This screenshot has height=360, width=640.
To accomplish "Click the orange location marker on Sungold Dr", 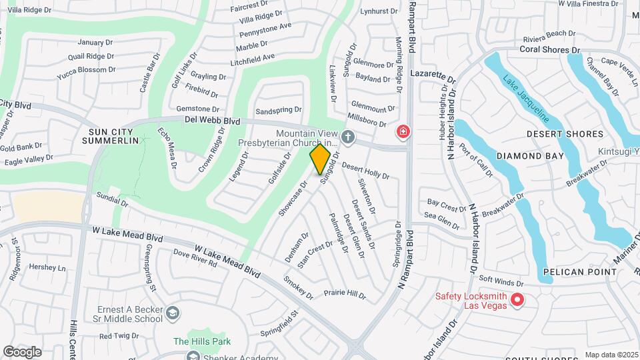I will click(321, 159).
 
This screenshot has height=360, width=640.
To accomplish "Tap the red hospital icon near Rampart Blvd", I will click(403, 132).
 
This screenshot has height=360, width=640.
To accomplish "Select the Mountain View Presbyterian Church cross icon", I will click(347, 138).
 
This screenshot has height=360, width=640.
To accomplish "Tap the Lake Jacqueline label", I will click(527, 99).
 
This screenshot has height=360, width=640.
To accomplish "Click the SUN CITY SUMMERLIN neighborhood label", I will click(110, 135).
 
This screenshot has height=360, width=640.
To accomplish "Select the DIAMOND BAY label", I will click(530, 156).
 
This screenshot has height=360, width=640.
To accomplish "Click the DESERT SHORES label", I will click(565, 134).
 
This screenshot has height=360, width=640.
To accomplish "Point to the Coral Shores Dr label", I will click(550, 50).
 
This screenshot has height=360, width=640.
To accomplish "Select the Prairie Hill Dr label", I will click(345, 293).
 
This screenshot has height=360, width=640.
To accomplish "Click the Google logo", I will click(22, 351).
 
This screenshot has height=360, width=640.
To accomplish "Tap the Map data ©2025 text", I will click(611, 355).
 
